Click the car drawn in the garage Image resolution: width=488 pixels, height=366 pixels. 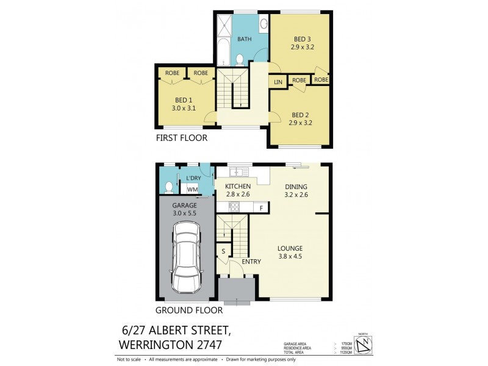tap(186, 257)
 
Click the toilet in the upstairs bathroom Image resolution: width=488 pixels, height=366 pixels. tap(240, 60)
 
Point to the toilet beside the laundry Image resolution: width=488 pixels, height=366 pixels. tap(169, 186)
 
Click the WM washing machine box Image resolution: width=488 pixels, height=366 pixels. tap(192, 190)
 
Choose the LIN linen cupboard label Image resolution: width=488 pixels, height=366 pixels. tap(278, 82)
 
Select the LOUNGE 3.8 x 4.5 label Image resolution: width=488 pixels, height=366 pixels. tap(290, 253)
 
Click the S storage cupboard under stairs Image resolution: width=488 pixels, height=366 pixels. tap(223, 251)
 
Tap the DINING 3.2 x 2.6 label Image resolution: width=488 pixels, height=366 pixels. tap(296, 191)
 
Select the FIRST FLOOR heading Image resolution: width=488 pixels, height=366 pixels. tap(182, 138)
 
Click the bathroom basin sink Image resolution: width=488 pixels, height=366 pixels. tap(264, 25)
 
